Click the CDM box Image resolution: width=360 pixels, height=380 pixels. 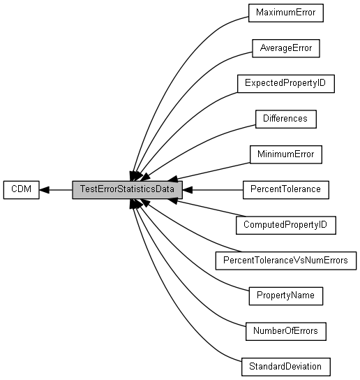tap(22, 190)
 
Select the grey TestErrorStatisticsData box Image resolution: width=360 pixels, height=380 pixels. tap(128, 190)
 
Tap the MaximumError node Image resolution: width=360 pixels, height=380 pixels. tap(286, 13)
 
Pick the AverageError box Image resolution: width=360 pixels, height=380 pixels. tap(286, 48)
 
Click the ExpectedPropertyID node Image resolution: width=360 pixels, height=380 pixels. tap(286, 84)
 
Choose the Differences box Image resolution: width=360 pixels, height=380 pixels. tap(286, 119)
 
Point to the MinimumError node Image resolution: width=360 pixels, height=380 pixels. tap(286, 154)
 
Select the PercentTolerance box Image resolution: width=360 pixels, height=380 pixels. tap(286, 190)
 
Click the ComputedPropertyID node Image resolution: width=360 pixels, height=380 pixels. tap(286, 225)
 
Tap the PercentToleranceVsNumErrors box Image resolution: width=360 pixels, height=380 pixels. tap(286, 261)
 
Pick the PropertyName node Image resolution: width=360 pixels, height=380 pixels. tap(286, 296)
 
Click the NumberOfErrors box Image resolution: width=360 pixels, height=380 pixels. tap(286, 331)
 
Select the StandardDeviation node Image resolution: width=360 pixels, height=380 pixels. tap(286, 367)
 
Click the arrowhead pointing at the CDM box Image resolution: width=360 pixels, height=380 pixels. tap(44, 190)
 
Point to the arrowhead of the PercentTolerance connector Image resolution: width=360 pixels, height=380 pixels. tap(188, 190)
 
